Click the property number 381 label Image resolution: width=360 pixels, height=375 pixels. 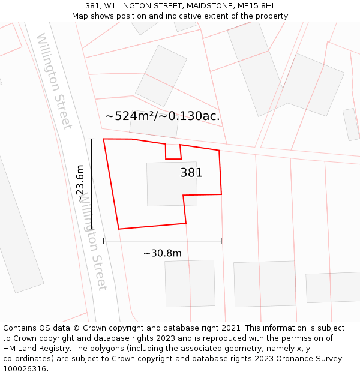[191, 173]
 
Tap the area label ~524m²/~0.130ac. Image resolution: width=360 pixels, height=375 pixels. [162, 116]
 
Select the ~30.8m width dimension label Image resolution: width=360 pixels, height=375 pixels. [162, 253]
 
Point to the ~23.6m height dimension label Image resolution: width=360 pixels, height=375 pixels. [80, 183]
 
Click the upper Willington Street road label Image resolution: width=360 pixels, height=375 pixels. [54, 81]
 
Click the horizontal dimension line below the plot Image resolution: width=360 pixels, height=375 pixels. [162, 241]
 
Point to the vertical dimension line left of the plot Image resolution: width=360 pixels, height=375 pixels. [92, 183]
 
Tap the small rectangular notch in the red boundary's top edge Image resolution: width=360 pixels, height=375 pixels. [173, 151]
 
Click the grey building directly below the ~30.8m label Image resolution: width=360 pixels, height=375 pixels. [190, 283]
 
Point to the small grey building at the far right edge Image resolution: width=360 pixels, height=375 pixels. [351, 124]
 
